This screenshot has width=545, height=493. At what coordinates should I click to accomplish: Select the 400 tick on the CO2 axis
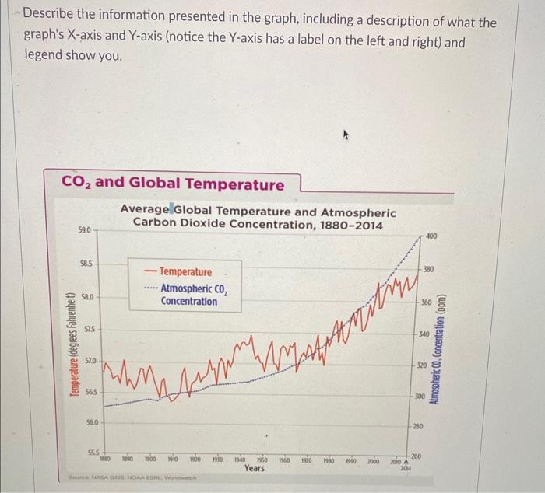[430, 234]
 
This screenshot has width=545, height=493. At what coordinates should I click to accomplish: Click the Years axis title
[255, 468]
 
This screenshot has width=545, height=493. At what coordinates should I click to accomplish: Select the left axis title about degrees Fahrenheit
[75, 345]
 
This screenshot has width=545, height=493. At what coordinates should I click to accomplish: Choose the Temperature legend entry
[185, 272]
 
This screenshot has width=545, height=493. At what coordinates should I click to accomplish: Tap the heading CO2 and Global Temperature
[173, 184]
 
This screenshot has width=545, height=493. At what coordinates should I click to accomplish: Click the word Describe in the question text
[51, 22]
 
